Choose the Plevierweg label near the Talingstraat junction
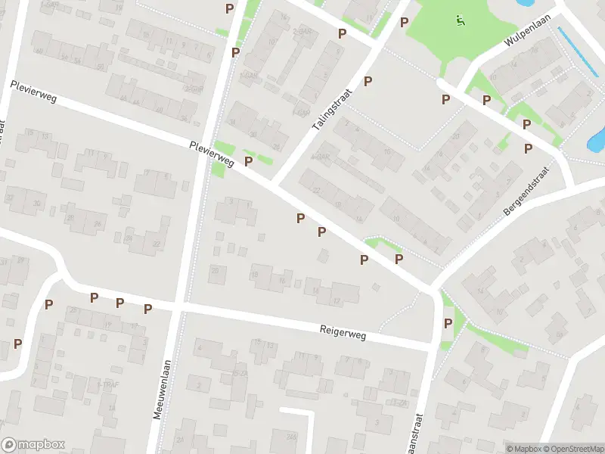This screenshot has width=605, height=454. click(213, 154)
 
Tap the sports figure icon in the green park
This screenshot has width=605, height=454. click(459, 20)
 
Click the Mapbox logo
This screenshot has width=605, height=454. click(33, 445)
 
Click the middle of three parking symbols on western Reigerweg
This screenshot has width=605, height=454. click(119, 303)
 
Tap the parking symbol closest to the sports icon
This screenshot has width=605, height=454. click(404, 22)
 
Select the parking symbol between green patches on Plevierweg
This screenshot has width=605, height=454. click(248, 161)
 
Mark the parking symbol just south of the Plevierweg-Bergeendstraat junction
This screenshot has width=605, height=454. click(448, 323)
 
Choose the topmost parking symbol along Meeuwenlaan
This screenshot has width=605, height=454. click(229, 8)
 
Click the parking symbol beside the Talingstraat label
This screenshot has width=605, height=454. click(368, 81)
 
